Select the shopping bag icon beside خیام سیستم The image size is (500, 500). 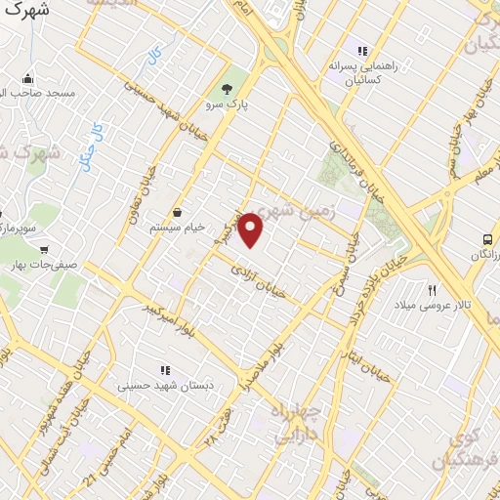[x=178, y=212]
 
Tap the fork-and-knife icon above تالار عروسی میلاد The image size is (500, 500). [x=432, y=289]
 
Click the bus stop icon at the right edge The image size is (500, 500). [x=486, y=239]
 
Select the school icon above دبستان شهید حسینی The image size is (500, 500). [x=164, y=370]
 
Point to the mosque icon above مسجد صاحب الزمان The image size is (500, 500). [x=26, y=78]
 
